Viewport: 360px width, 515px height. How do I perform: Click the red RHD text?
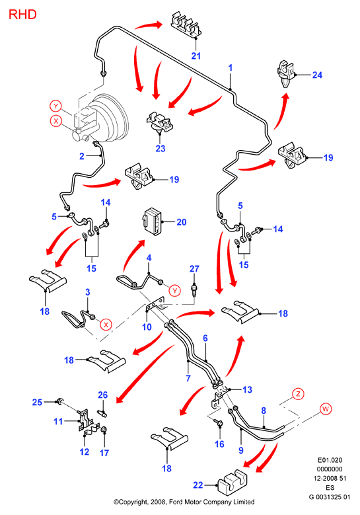point(22,15)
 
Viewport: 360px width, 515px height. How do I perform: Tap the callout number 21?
point(196,56)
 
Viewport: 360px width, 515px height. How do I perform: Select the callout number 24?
point(317,75)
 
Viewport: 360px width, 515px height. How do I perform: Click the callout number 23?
point(161,149)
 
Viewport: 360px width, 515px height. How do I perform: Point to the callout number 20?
point(182,222)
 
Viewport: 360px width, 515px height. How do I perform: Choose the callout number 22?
point(198,485)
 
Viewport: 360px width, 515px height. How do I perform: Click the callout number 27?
point(194,268)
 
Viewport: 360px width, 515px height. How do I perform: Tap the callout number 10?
point(147,327)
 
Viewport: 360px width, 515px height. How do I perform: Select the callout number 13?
point(248,389)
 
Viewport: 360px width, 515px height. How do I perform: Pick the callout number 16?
point(219,444)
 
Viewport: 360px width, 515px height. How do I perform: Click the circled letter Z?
point(298,393)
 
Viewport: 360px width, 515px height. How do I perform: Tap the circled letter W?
point(326,409)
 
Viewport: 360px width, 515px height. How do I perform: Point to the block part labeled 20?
point(151,221)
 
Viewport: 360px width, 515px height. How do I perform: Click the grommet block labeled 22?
point(233,480)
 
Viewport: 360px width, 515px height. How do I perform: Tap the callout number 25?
point(37,402)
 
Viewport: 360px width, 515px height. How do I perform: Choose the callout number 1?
point(231,68)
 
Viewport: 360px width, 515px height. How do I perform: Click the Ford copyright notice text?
point(184,502)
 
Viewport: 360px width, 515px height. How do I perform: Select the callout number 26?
point(103,395)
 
